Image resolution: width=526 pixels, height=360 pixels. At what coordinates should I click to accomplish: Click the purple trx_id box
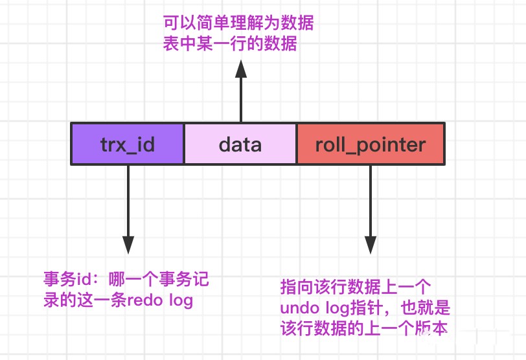128,144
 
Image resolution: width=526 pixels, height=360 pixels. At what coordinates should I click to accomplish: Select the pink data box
240,144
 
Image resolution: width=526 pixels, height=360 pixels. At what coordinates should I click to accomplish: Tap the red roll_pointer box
371,144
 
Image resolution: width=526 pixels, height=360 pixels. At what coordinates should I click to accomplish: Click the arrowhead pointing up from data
241,69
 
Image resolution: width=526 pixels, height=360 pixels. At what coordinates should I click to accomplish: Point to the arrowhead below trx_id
128,244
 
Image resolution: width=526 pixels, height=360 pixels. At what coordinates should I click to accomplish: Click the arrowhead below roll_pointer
371,244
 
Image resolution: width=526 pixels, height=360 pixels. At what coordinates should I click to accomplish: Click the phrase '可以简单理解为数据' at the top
238,25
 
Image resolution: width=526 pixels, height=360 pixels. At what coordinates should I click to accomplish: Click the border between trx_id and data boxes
185,144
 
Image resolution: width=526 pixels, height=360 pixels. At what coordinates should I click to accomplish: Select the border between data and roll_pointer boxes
297,144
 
